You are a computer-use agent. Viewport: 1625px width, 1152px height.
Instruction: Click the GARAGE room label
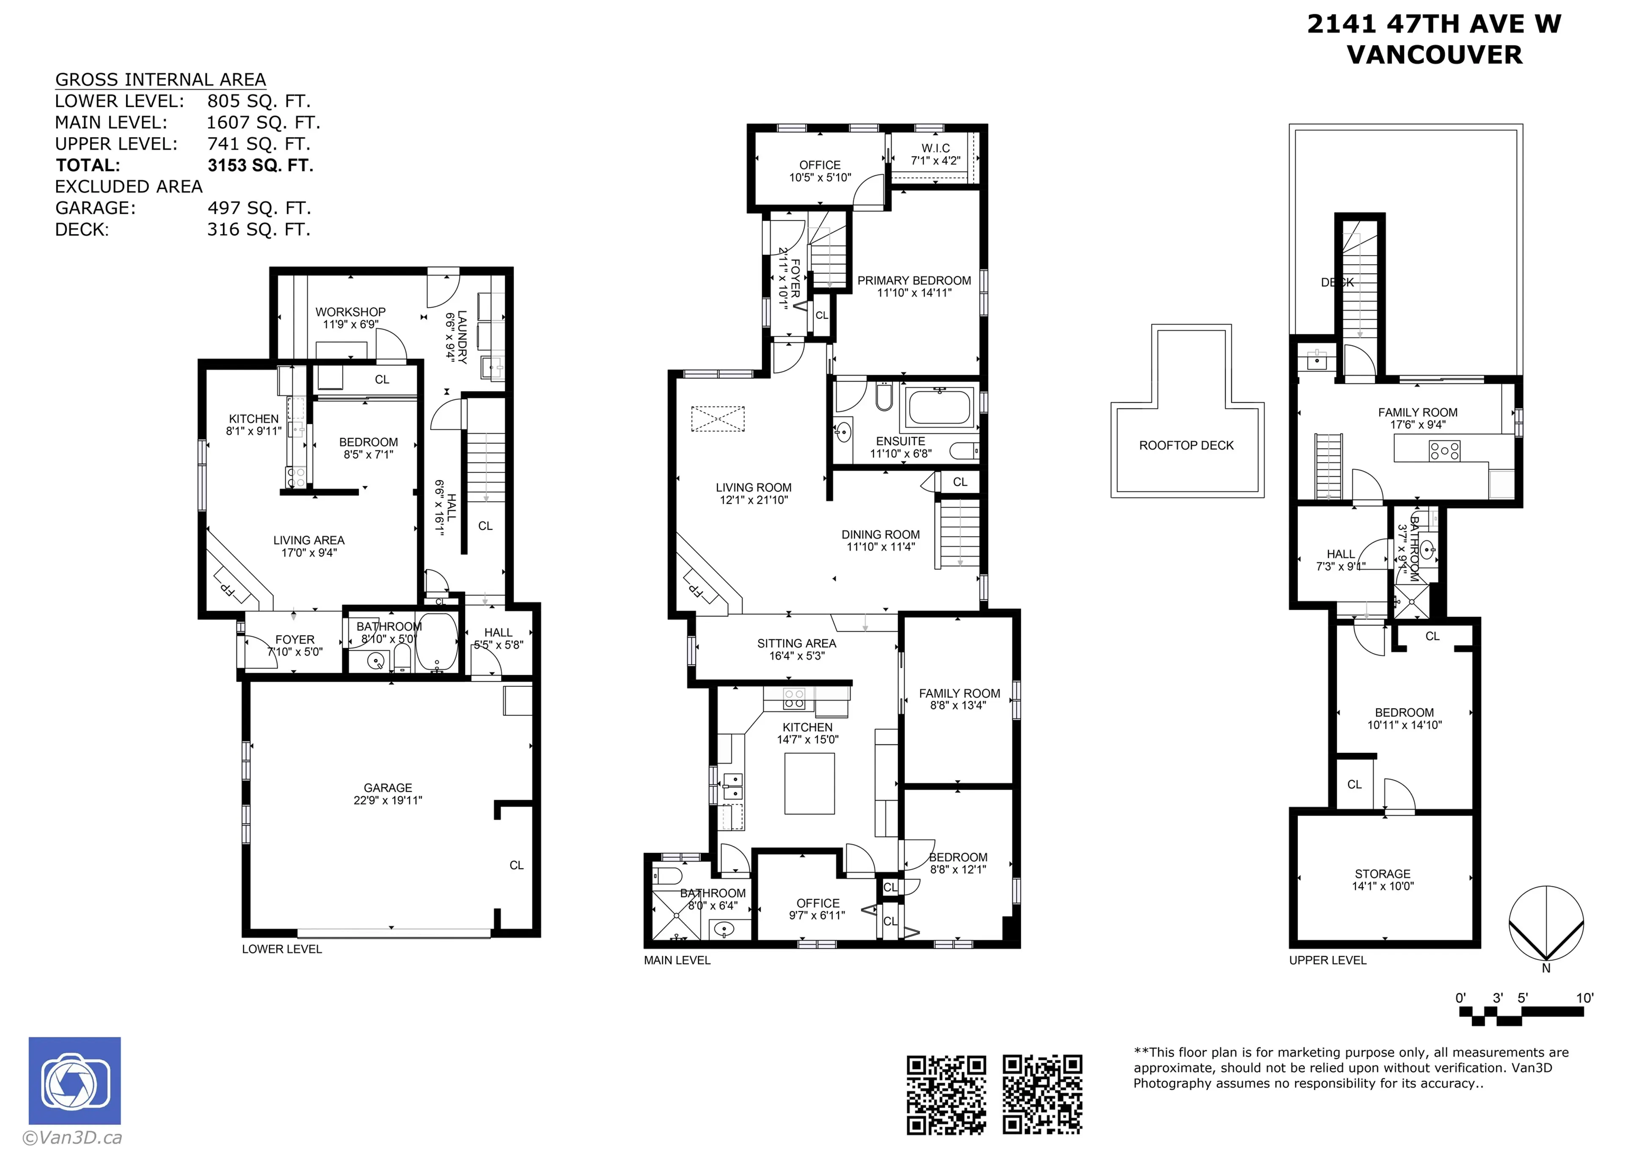point(387,787)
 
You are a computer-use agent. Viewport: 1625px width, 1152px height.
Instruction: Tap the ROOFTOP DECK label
point(1186,445)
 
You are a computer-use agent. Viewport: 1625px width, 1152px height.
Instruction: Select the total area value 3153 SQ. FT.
point(260,165)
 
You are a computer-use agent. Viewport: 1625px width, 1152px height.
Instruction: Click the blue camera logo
point(74,1080)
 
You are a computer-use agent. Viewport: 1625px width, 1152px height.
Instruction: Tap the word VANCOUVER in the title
point(1434,55)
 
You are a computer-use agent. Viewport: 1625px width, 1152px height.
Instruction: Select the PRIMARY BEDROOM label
point(914,281)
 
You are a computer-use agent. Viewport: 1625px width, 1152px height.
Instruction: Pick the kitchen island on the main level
point(809,784)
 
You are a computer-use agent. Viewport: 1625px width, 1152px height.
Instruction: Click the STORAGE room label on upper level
point(1383,874)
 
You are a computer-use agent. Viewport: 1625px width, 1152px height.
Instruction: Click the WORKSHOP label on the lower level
point(350,312)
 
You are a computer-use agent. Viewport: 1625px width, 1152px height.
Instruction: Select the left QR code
point(946,1094)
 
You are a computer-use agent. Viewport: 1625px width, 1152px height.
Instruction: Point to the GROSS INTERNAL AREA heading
point(160,80)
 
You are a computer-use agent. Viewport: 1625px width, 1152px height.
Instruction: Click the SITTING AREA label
point(796,644)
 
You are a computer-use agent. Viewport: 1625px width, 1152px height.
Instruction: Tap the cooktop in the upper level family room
point(1444,450)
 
